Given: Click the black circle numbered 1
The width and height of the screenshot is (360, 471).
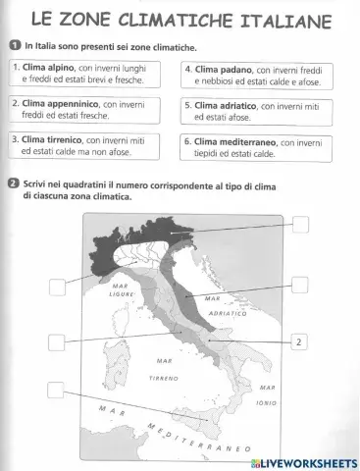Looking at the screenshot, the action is pyautogui.click(x=14, y=46).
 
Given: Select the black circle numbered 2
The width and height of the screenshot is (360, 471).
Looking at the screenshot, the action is pyautogui.click(x=14, y=183).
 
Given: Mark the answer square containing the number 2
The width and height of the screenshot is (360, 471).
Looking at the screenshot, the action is pyautogui.click(x=299, y=340).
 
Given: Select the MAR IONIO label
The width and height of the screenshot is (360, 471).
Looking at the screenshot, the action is pyautogui.click(x=266, y=394).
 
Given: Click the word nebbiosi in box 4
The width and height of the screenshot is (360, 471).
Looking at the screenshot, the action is pyautogui.click(x=224, y=81).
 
